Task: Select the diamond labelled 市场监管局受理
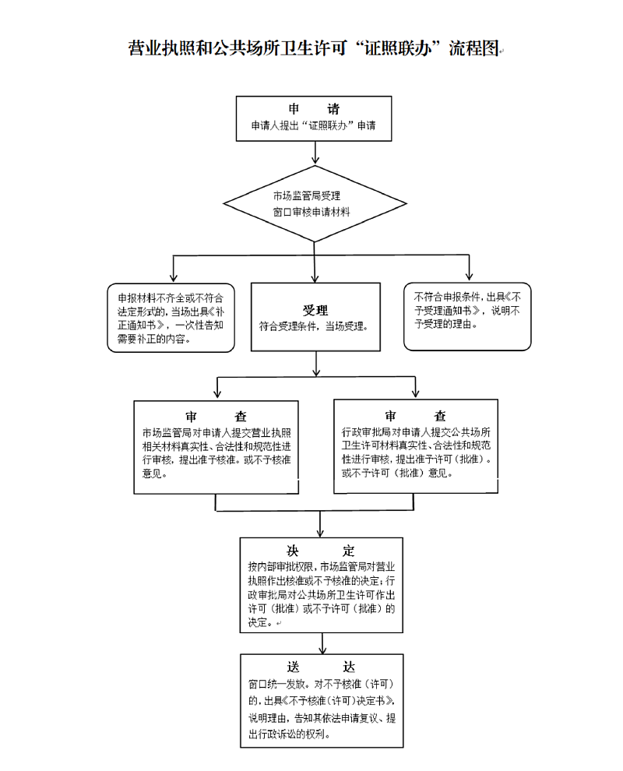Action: (315, 203)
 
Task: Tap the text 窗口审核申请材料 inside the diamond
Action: (311, 212)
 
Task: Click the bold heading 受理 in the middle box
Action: (315, 310)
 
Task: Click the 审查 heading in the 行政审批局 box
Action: (415, 416)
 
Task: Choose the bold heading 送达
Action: (321, 667)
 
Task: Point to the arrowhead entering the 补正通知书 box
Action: (172, 278)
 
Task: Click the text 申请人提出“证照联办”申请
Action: (313, 125)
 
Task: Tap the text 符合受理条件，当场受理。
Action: (315, 326)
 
